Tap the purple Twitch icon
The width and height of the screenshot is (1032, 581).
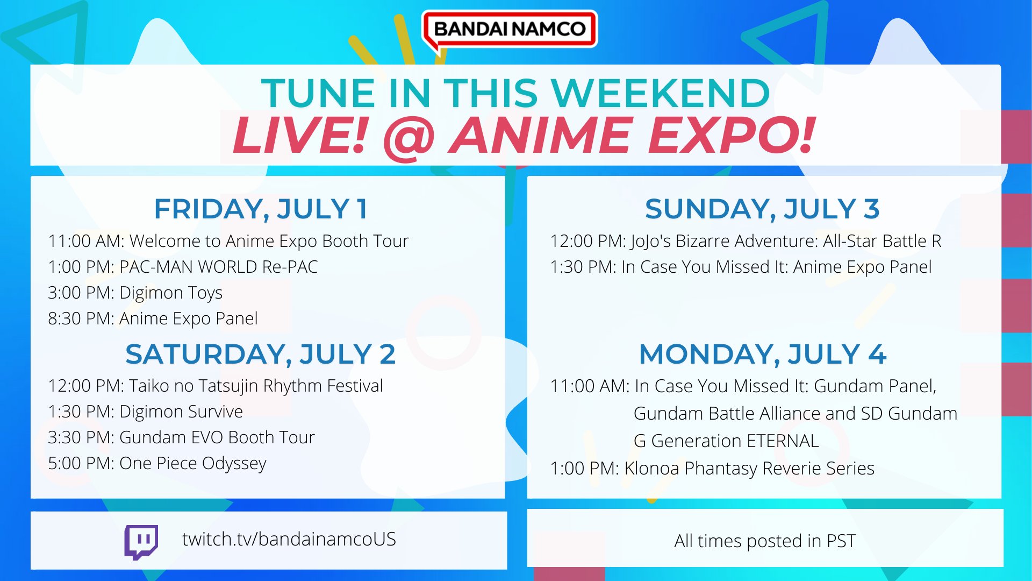pos(141,542)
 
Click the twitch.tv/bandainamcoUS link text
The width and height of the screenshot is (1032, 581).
pos(289,539)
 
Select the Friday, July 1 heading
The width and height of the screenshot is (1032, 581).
pos(261,209)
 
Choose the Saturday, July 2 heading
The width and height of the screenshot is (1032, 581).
pos(261,354)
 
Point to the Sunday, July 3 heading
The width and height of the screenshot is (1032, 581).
pos(762,209)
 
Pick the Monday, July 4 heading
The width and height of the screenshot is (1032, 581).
pos(763,354)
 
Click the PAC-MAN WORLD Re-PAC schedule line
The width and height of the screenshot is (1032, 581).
pos(183,267)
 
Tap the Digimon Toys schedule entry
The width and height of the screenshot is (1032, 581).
pos(135,293)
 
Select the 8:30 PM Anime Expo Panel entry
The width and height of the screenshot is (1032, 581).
pos(153,318)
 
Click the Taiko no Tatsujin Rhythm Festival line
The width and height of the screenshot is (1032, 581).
pos(215,386)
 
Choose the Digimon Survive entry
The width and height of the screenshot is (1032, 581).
pos(145,412)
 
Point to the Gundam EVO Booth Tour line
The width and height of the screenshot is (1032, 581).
pos(181,437)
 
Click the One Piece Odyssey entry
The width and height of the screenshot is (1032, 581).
pos(157,464)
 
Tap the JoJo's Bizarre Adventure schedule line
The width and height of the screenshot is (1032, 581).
pos(746,242)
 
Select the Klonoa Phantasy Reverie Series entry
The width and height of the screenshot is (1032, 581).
pos(712,469)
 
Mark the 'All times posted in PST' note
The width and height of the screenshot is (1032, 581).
pos(765,541)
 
